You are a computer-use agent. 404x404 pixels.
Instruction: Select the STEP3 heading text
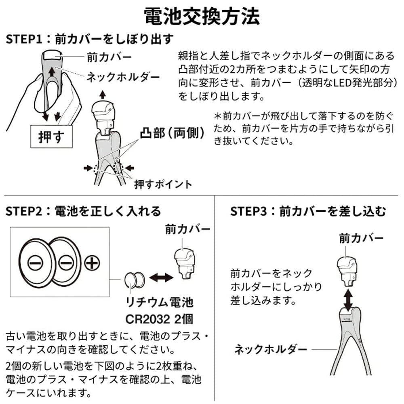[308, 211]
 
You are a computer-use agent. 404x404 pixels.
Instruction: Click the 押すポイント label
[163, 185]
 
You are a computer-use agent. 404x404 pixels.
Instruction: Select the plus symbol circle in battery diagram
[92, 263]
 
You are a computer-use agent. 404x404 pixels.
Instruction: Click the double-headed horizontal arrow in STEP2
[161, 278]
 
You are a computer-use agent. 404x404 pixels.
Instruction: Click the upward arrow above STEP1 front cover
[102, 95]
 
